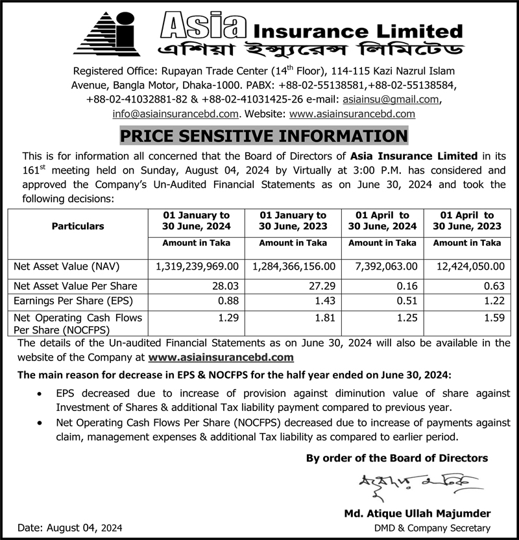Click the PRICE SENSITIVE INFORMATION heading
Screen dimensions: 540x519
pyautogui.click(x=263, y=135)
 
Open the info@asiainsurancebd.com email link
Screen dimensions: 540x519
pyautogui.click(x=175, y=113)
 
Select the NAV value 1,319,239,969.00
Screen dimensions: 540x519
pyautogui.click(x=198, y=266)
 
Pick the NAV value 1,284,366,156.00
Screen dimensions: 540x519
pyautogui.click(x=294, y=266)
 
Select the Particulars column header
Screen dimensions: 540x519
pyautogui.click(x=78, y=226)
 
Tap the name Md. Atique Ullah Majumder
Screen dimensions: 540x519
pyautogui.click(x=417, y=513)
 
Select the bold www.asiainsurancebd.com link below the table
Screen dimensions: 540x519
pyautogui.click(x=221, y=357)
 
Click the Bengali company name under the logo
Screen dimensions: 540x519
pyautogui.click(x=304, y=50)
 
